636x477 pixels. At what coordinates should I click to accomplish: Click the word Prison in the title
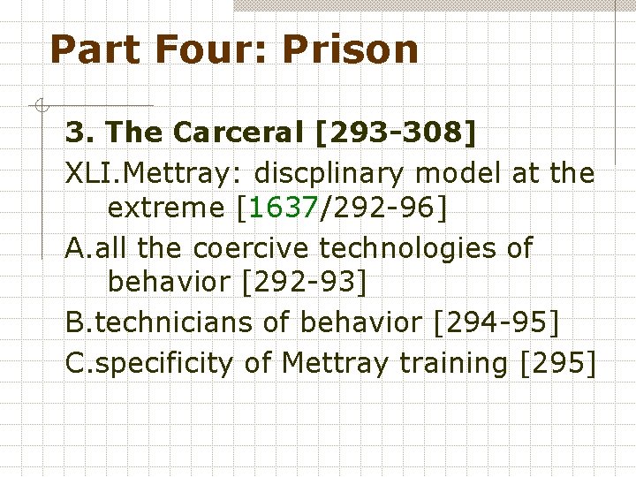(x=351, y=49)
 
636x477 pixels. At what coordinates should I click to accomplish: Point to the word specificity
(x=163, y=361)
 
